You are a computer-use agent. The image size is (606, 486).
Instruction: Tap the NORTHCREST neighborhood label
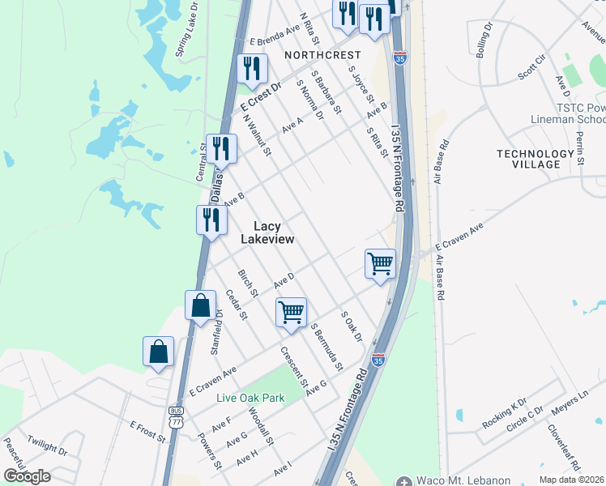pyautogui.click(x=322, y=55)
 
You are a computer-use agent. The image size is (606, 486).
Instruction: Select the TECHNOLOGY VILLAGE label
pyautogui.click(x=535, y=159)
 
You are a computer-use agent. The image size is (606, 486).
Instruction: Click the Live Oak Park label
pyautogui.click(x=250, y=398)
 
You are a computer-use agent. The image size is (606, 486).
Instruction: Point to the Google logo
pyautogui.click(x=27, y=476)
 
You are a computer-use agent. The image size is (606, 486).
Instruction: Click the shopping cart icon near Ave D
pyautogui.click(x=291, y=310)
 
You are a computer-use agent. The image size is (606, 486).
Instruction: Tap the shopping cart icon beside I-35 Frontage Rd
pyautogui.click(x=380, y=263)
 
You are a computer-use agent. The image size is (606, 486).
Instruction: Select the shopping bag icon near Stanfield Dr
pyautogui.click(x=200, y=305)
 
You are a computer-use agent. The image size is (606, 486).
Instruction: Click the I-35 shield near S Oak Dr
pyautogui.click(x=378, y=357)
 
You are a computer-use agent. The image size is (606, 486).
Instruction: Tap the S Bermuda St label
pyautogui.click(x=327, y=344)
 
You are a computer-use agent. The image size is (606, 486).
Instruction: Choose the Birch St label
pyautogui.click(x=247, y=282)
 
